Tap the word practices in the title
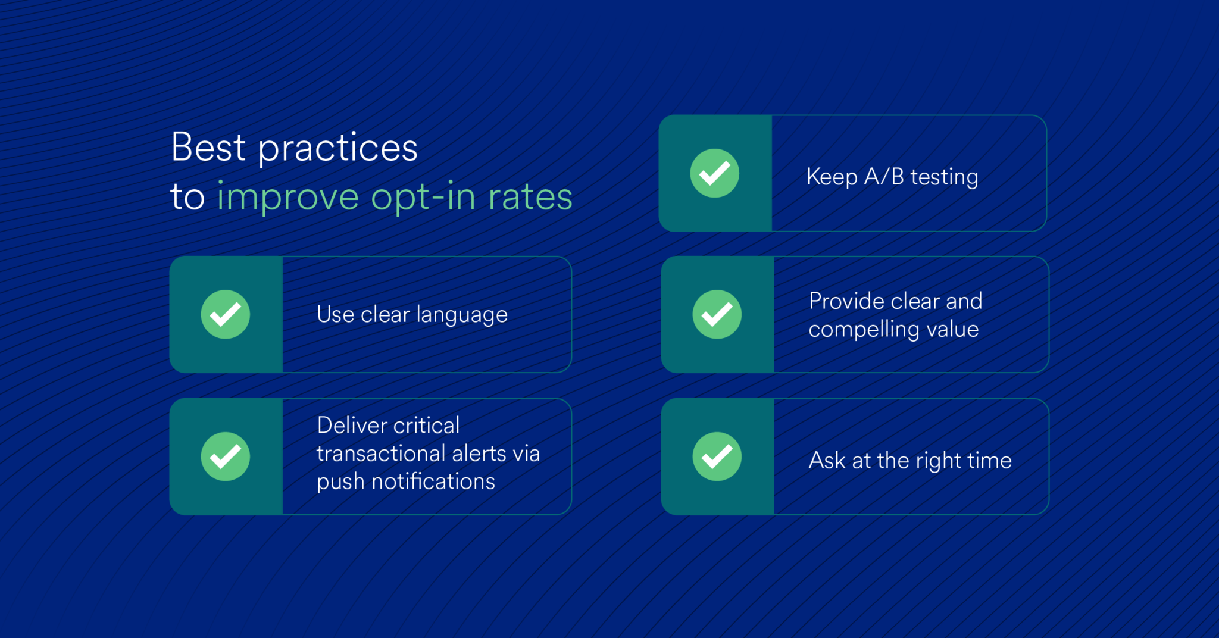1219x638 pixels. point(337,149)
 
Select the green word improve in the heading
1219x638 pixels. point(287,198)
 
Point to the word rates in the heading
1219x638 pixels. point(530,198)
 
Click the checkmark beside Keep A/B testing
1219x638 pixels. point(714,173)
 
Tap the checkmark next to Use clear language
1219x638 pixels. point(225,314)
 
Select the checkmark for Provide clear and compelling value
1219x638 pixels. point(717,314)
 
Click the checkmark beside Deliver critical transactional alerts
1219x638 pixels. point(225,456)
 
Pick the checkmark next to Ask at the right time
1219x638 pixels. point(717,456)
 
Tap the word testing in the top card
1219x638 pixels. point(944,177)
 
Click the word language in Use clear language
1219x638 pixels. point(461,315)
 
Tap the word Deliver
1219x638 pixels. point(352,426)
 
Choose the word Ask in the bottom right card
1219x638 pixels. point(827,460)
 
